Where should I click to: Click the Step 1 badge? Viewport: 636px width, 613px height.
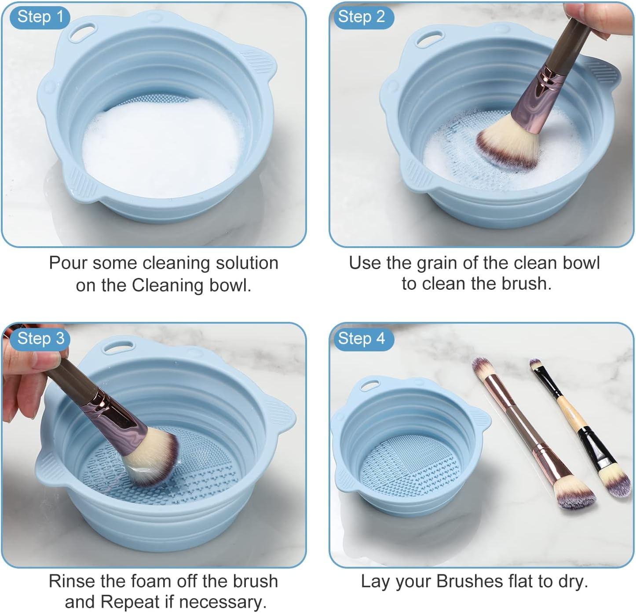[x=40, y=17]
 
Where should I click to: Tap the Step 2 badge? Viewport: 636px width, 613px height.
[x=361, y=17]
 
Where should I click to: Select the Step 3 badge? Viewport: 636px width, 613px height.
[x=40, y=339]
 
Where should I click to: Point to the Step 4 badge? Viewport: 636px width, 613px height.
[x=361, y=339]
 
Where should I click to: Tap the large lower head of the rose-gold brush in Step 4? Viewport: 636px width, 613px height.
[x=572, y=495]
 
